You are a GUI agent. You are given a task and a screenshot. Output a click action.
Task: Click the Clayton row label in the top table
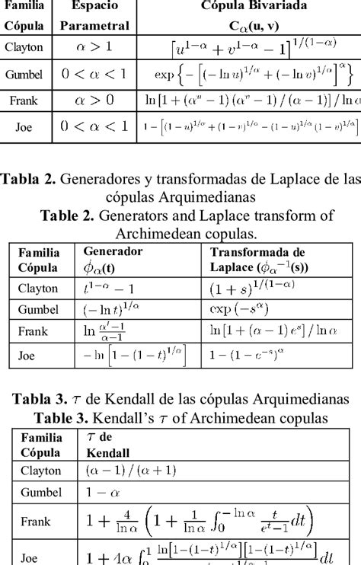[24, 47]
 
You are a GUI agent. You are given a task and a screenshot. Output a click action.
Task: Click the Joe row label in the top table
[24, 127]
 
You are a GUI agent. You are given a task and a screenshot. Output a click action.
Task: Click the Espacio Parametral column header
[95, 14]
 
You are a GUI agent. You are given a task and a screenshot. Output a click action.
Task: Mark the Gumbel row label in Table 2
[37, 310]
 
